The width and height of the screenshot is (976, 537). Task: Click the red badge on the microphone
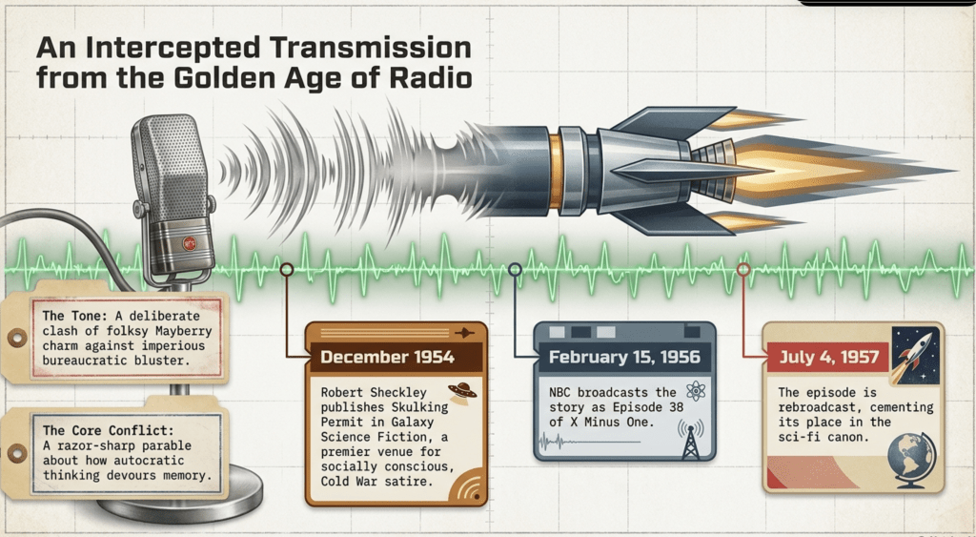coord(190,243)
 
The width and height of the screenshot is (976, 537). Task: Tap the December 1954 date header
coord(387,357)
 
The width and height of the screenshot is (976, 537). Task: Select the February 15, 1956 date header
coord(624,357)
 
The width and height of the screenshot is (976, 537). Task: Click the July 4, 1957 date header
coord(829,357)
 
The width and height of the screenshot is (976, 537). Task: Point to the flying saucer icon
coord(462,392)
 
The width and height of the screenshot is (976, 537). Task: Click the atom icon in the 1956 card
coord(695,391)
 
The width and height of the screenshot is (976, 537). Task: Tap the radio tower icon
coord(690,439)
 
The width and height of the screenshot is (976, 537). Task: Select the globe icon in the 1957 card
coord(911,459)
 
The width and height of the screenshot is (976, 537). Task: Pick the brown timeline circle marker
coord(286,269)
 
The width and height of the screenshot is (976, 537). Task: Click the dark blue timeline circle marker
coord(515,269)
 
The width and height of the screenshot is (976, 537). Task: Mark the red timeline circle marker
coord(743,269)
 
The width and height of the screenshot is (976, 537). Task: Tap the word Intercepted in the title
coord(173,48)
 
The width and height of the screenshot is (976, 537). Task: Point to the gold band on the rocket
coord(556,171)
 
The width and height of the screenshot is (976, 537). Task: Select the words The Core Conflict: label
coord(109,430)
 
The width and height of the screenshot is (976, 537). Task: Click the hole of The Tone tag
coord(17,338)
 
